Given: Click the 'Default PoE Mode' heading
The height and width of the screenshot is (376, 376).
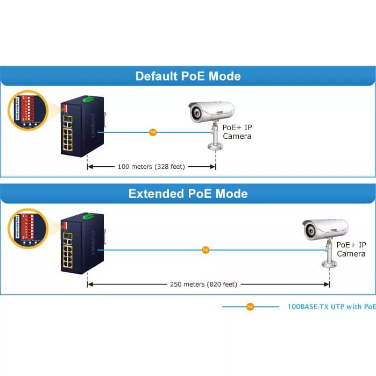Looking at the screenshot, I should coord(188,76).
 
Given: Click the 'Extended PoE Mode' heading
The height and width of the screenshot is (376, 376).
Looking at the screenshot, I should coord(188,194).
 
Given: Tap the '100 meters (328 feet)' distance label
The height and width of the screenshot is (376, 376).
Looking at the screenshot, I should coord(151,167).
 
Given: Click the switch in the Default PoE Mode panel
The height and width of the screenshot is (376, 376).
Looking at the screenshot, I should coord(79,127).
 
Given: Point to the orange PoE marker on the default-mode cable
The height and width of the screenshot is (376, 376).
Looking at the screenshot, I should coord(153,132).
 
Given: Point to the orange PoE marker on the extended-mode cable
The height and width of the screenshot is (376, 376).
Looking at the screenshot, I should coord(205,250).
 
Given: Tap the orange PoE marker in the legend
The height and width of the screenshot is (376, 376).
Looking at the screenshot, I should coord(250,307).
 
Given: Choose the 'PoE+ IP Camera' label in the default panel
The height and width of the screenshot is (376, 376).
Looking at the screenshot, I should coord(237,132).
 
